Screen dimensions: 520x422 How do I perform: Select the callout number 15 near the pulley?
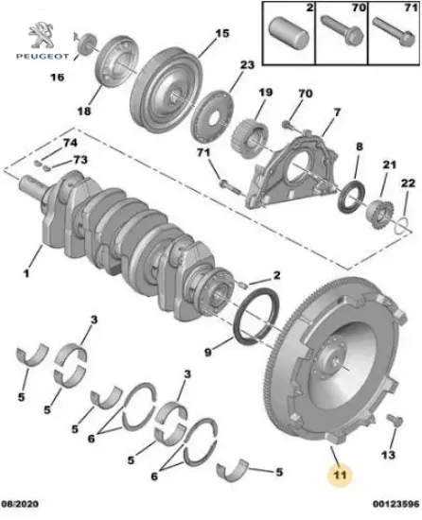coord(220,34)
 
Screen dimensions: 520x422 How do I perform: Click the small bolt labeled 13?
coord(392,423)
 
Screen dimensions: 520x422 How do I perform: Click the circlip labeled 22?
coord(402,223)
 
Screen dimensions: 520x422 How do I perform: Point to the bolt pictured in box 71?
coord(388,38)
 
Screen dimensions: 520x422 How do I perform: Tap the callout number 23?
coord(247,66)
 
